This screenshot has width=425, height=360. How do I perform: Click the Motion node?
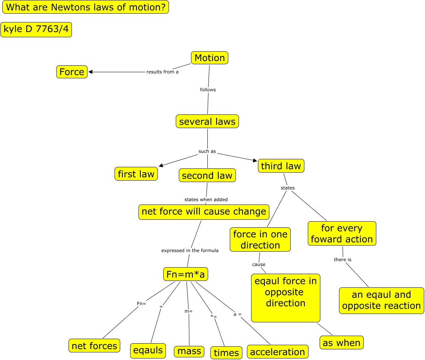[x=210, y=58]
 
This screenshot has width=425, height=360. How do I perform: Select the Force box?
[x=72, y=72]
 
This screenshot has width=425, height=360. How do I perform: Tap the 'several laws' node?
[x=207, y=122]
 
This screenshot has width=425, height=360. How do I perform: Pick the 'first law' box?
[x=136, y=174]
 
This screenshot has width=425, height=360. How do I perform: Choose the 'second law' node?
[x=207, y=176]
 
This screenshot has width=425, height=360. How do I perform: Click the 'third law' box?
[x=281, y=166]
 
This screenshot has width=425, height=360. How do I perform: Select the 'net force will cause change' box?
[x=204, y=212]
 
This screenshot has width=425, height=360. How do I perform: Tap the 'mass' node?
[x=189, y=351]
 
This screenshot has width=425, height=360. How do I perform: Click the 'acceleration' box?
[x=277, y=352]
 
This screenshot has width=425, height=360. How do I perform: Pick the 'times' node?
[x=226, y=353]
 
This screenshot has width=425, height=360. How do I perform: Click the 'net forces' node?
[x=95, y=346]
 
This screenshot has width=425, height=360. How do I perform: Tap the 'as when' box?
[x=341, y=343]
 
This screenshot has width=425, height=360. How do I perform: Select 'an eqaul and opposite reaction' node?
[x=381, y=300]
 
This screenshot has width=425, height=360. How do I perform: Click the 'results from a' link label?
[x=162, y=72]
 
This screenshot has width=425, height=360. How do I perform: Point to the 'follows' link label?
[x=208, y=90]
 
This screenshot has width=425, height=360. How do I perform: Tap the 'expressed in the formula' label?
[x=190, y=251]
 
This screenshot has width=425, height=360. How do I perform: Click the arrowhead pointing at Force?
[x=91, y=72]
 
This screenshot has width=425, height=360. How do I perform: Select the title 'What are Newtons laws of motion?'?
[x=86, y=7]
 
